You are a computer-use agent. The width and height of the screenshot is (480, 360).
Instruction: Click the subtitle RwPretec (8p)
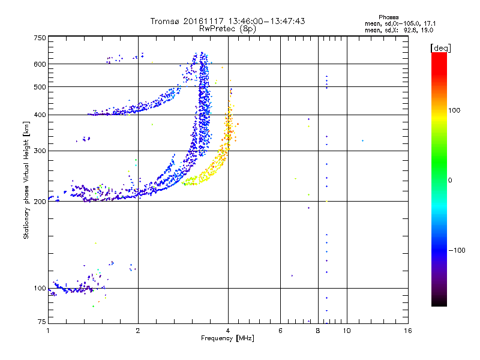pyautogui.click(x=227, y=29)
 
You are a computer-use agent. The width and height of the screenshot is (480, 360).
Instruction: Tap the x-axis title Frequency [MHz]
pyautogui.click(x=227, y=338)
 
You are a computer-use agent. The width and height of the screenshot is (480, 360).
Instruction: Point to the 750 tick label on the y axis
pyautogui.click(x=40, y=38)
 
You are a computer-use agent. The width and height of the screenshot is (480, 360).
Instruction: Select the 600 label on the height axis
pyautogui.click(x=40, y=64)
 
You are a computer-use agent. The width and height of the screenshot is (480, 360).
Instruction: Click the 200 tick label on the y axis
pyautogui.click(x=40, y=202)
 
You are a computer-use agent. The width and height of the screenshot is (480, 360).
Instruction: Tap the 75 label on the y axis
pyautogui.click(x=42, y=322)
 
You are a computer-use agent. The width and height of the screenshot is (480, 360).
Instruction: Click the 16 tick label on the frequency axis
pyautogui.click(x=408, y=331)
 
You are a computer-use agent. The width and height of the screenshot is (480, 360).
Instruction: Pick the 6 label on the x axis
pyautogui.click(x=280, y=331)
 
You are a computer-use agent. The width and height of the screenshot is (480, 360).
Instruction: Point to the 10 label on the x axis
pyautogui.click(x=347, y=331)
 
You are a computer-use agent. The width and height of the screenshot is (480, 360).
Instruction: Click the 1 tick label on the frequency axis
pyautogui.click(x=48, y=331)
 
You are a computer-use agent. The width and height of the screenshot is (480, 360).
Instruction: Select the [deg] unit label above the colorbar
pyautogui.click(x=440, y=48)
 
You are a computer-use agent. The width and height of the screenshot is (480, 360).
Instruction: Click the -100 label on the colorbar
pyautogui.click(x=457, y=250)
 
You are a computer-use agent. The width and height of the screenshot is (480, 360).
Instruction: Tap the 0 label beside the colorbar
pyautogui.click(x=450, y=180)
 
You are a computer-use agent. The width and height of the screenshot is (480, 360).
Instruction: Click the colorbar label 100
pyautogui.click(x=454, y=110)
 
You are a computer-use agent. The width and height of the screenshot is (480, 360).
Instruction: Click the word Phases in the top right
pyautogui.click(x=388, y=17)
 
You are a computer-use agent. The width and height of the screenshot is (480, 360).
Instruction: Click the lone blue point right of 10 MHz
pyautogui.click(x=363, y=141)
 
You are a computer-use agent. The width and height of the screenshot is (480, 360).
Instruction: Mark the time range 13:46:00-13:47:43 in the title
pyautogui.click(x=266, y=21)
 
